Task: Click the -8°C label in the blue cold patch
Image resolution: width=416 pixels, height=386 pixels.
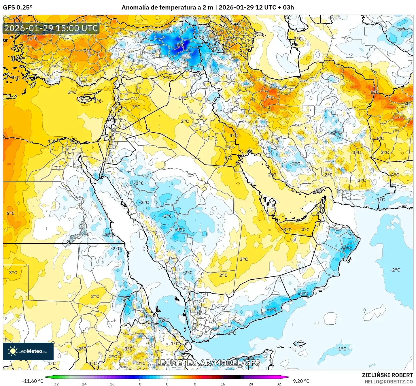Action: (x=180, y=45)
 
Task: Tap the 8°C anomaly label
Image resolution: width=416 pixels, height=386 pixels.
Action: (x=374, y=92)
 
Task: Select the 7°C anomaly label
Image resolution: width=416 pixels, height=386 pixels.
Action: (x=270, y=98)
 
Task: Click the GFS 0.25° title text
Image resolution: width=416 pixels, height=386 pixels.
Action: (x=18, y=7)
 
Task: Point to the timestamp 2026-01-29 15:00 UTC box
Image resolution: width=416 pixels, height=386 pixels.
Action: (x=51, y=28)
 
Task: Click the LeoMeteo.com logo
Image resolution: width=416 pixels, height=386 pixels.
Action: (x=28, y=351)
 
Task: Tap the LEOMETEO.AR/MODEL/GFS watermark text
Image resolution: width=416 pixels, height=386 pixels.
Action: (x=208, y=363)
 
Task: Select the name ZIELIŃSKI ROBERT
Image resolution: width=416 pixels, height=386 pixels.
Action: (x=387, y=375)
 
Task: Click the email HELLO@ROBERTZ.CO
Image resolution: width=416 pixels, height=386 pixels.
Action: (x=389, y=382)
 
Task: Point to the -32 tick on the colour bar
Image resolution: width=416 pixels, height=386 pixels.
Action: (x=55, y=384)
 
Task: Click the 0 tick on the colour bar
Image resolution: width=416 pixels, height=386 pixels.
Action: (x=167, y=384)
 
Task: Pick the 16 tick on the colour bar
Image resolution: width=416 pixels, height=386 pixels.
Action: (x=223, y=384)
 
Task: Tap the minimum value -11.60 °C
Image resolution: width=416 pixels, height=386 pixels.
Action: (x=33, y=381)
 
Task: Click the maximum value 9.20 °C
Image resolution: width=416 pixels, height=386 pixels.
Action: (x=301, y=381)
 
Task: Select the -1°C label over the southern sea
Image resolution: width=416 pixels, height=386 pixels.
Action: (x=341, y=349)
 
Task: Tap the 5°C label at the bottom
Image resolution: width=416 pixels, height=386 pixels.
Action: (x=128, y=349)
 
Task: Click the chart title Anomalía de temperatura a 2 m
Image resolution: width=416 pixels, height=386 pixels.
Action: (x=167, y=7)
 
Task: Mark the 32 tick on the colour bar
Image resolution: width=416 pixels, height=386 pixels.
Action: (x=279, y=384)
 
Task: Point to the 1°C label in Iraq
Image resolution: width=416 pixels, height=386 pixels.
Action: (x=182, y=98)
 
